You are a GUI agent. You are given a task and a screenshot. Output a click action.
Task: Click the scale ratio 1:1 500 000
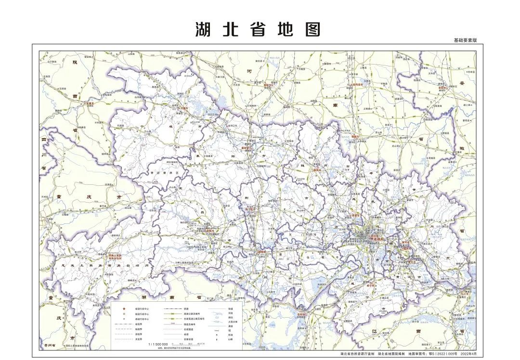pyautogui.click(x=158, y=345)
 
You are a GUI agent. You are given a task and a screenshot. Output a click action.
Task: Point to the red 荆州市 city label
pyautogui.click(x=261, y=252)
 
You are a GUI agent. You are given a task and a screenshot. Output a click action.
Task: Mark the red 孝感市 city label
pyautogui.click(x=356, y=216)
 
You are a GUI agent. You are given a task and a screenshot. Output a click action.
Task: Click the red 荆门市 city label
pyautogui.click(x=249, y=210)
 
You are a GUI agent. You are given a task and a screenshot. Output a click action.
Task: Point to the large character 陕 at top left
pyautogui.click(x=75, y=62)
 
